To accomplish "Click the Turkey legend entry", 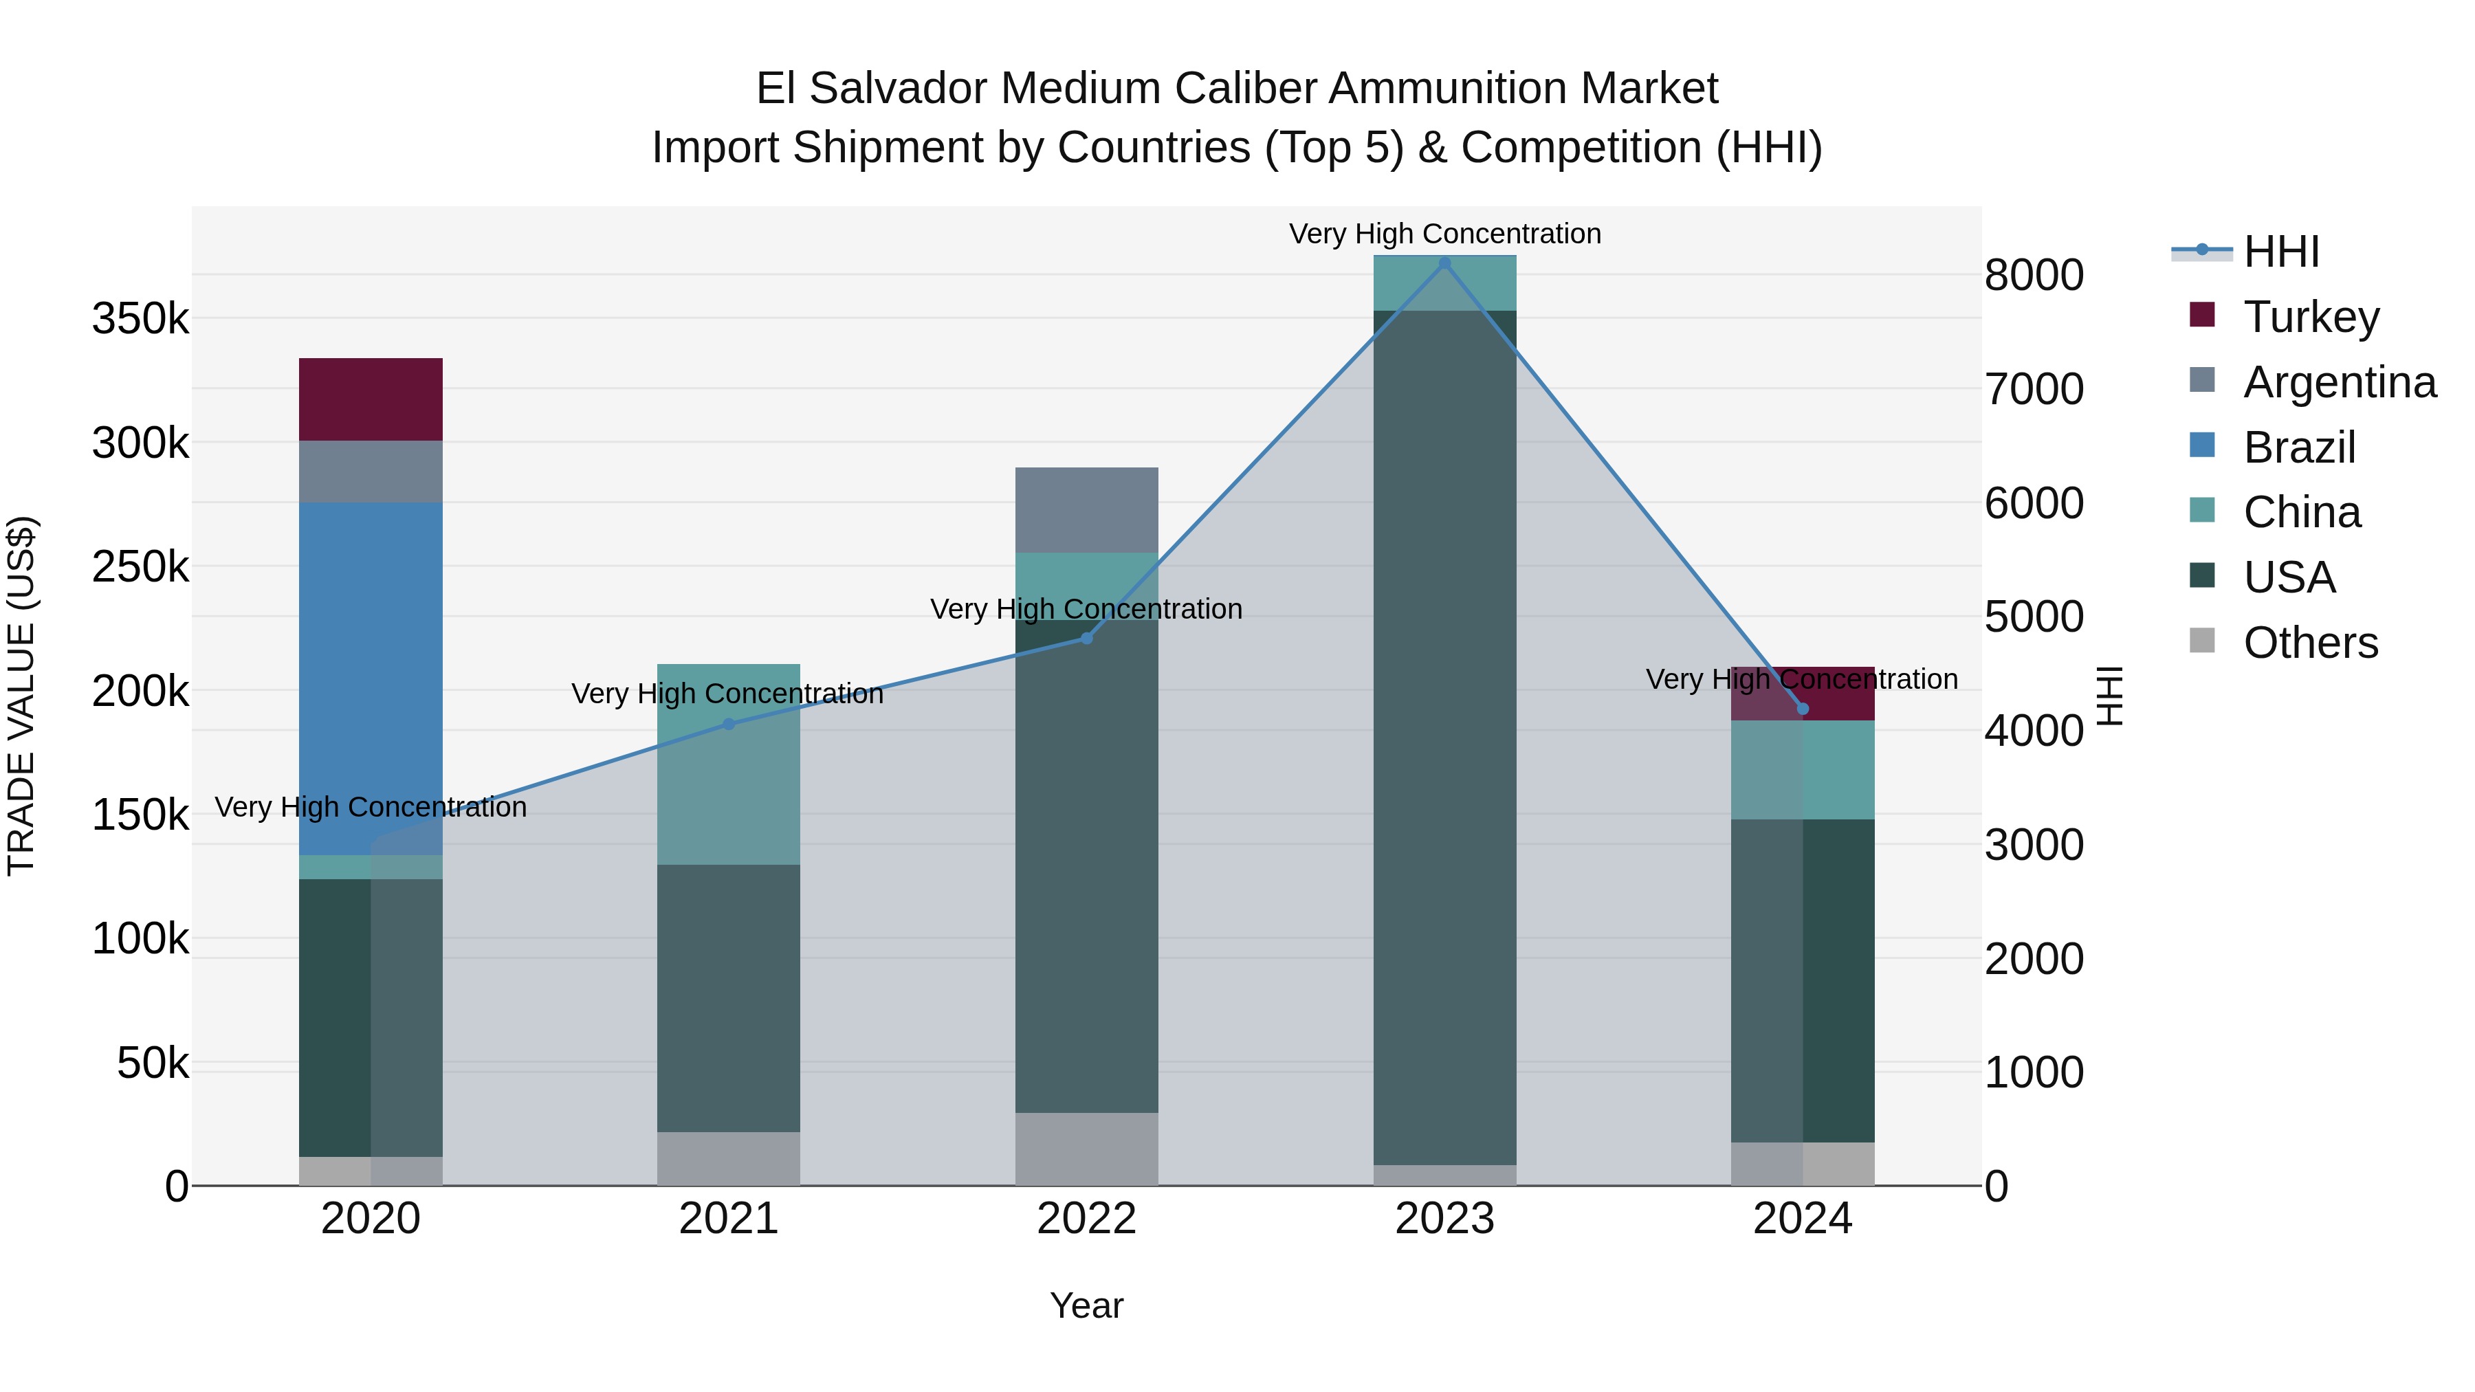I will pyautogui.click(x=2310, y=317).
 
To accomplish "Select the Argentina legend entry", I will pyautogui.click(x=2339, y=382).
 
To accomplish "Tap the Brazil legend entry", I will pyautogui.click(x=2298, y=448).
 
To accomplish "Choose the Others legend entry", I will pyautogui.click(x=2310, y=643).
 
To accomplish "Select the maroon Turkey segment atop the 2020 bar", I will pyautogui.click(x=371, y=399).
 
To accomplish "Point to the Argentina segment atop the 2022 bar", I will pyautogui.click(x=1087, y=510).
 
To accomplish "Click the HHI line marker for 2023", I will pyautogui.click(x=1444, y=263).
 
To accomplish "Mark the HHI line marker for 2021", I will pyautogui.click(x=728, y=725).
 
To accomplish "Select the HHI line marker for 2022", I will pyautogui.click(x=1087, y=638).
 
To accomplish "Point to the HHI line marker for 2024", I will pyautogui.click(x=1803, y=709).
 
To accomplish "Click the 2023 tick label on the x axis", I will pyautogui.click(x=1444, y=1219).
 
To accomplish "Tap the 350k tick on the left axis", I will pyautogui.click(x=140, y=318).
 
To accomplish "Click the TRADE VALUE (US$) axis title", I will pyautogui.click(x=21, y=696).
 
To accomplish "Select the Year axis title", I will pyautogui.click(x=1087, y=1305).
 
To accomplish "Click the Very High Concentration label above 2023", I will pyautogui.click(x=1444, y=234).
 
